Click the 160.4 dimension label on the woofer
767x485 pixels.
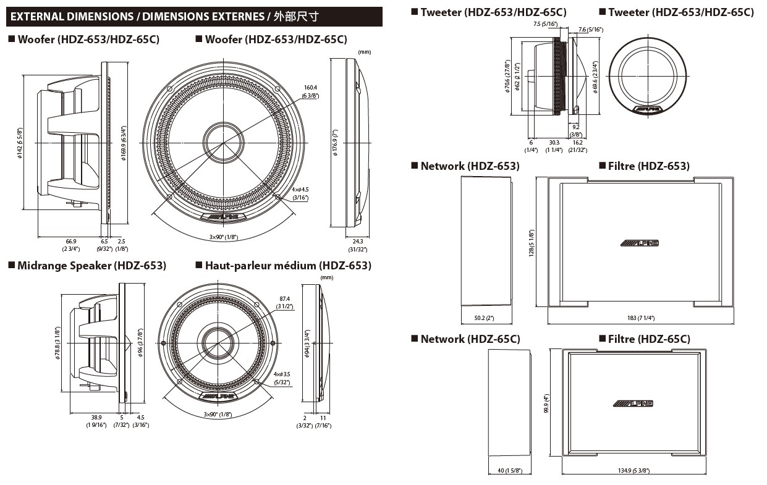[x=310, y=88]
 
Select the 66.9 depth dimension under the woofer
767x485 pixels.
[x=71, y=242]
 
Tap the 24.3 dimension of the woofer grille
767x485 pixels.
[x=358, y=242]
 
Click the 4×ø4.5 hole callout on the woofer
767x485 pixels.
[x=300, y=190]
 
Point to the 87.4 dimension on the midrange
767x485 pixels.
[x=284, y=298]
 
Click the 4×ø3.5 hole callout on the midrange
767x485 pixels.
[x=283, y=374]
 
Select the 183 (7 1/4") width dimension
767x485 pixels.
[x=641, y=318]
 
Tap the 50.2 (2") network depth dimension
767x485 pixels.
[x=484, y=318]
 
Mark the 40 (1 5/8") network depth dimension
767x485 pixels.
[x=510, y=471]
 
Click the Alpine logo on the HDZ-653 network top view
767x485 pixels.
[x=640, y=243]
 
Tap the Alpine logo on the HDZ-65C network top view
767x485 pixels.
[x=634, y=403]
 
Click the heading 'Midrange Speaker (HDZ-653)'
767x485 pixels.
[x=91, y=266]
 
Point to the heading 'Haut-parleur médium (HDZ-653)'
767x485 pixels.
[x=287, y=266]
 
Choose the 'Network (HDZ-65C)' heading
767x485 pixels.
[x=470, y=339]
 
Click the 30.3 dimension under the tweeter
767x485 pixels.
[x=554, y=143]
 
